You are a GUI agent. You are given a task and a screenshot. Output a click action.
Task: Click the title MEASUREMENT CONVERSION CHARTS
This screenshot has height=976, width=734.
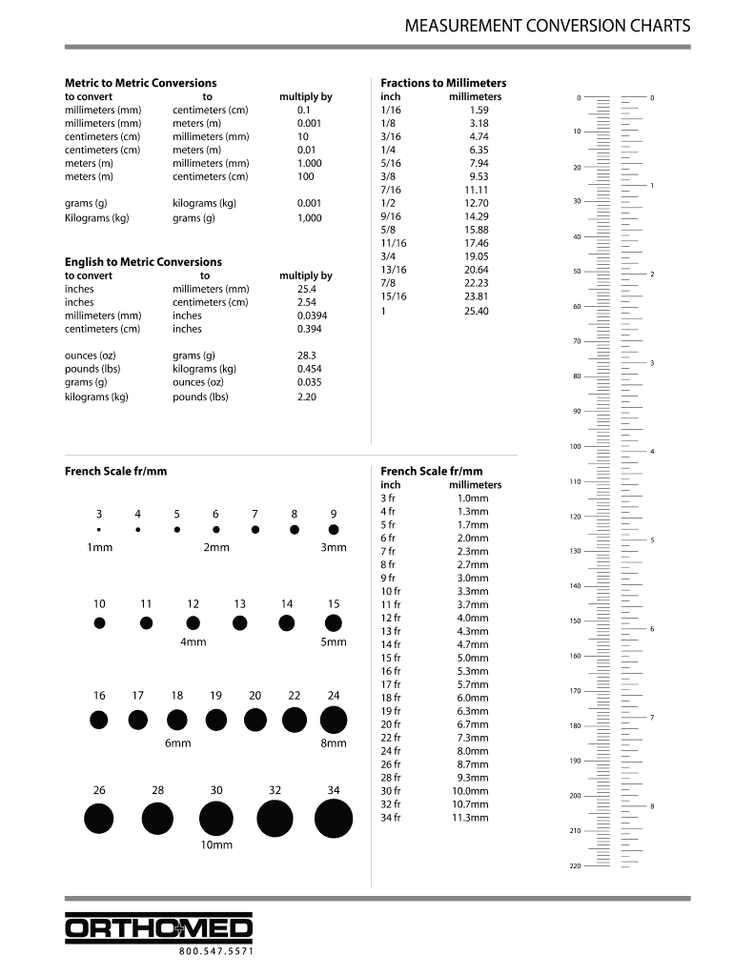547,26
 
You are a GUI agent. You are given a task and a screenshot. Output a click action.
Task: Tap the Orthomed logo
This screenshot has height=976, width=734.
159,928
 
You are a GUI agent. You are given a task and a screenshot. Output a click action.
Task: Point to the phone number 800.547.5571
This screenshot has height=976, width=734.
216,951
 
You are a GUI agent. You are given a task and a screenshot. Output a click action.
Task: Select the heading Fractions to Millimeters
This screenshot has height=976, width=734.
443,83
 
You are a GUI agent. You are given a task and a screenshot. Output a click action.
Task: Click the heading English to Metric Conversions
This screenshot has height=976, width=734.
143,261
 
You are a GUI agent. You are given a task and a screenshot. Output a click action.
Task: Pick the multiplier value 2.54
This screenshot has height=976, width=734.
306,302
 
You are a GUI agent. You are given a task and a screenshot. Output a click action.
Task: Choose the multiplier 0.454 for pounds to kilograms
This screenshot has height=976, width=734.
309,369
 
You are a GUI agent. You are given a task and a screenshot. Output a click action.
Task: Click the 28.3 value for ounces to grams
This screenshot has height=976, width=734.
306,356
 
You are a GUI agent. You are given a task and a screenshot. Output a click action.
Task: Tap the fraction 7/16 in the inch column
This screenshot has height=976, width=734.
391,190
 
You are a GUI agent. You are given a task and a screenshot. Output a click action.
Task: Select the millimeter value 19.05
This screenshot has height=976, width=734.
476,256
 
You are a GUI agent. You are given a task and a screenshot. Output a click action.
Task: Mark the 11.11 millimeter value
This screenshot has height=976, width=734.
476,190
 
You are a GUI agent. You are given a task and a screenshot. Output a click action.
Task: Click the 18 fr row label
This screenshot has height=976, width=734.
391,698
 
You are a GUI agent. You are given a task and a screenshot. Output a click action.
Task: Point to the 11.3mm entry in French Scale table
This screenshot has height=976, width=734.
472,818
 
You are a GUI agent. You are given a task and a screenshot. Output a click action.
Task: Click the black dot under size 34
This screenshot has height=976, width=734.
334,819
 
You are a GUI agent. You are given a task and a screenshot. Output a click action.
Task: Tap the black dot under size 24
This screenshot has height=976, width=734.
334,720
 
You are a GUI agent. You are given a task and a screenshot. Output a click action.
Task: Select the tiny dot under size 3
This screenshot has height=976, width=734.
99,529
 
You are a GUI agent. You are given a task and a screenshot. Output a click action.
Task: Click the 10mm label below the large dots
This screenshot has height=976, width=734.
216,845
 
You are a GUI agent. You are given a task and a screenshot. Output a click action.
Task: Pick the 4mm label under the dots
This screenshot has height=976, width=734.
194,642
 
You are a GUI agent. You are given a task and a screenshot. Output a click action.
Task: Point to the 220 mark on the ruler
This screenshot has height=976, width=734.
575,865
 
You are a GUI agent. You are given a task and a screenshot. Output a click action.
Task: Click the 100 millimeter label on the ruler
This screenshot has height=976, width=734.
575,446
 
